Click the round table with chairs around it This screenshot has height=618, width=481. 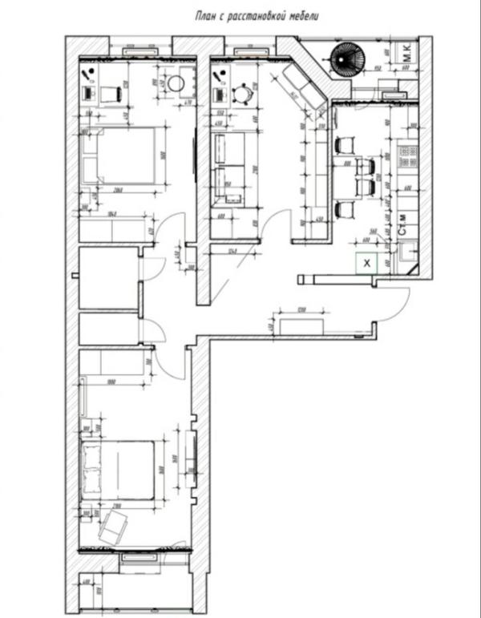240,95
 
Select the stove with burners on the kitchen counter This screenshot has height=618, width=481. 406,156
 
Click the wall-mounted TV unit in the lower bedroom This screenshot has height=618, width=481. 190,461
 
